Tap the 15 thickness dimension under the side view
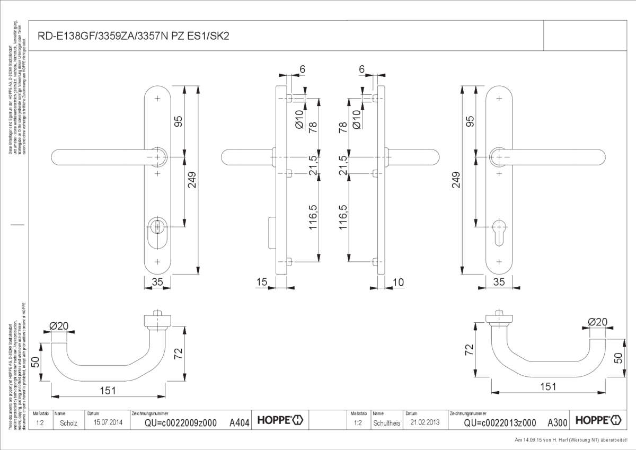coord(261,283)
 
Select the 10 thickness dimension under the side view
coord(398,283)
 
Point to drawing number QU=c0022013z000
coord(499,422)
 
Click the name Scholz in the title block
coord(69,423)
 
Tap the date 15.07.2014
coord(108,422)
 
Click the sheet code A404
coord(239,422)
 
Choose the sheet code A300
coord(557,422)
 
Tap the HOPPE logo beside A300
coord(598,420)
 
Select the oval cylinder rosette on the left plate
coord(157,232)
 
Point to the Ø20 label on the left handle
coord(59,326)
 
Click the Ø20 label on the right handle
coord(597,321)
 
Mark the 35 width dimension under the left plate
coord(157,283)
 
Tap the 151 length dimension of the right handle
coord(548,386)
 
